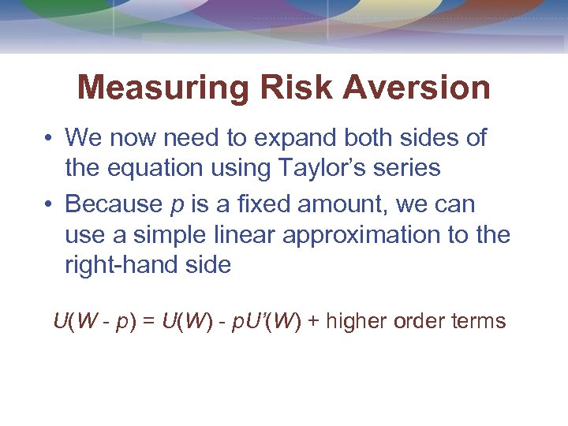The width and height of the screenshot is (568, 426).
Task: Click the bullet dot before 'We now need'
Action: point(49,139)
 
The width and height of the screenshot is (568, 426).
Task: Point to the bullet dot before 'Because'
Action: point(49,204)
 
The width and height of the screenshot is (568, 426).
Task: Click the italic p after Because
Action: point(177,205)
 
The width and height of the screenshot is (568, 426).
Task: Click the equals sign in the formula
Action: point(148,322)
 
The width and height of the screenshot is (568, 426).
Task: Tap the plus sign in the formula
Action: point(313,322)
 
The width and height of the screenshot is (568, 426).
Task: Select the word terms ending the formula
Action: point(480,322)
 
